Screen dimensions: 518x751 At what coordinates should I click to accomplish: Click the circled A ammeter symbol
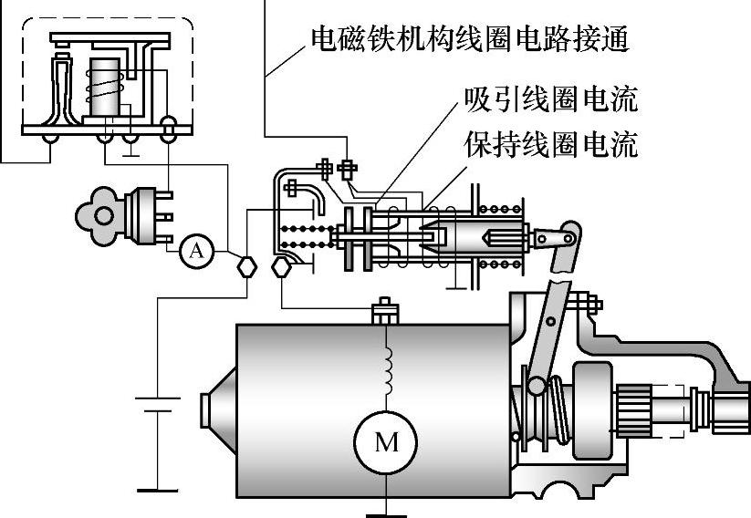point(195,250)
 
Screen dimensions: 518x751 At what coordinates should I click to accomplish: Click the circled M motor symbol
point(387,443)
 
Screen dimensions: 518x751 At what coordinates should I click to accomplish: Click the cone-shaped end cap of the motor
point(216,416)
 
